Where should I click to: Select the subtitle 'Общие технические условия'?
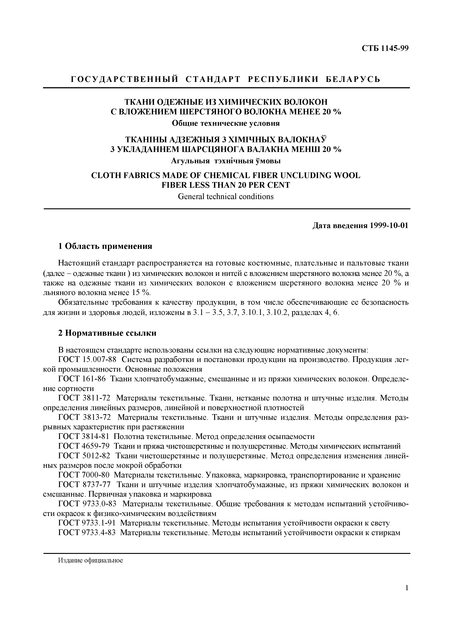click(x=226, y=123)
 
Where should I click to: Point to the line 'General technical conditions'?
click(x=226, y=196)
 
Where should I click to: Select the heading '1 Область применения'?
click(x=105, y=246)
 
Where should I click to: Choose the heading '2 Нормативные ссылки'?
click(x=107, y=333)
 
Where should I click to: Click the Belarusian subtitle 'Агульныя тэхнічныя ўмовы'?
click(x=226, y=161)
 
